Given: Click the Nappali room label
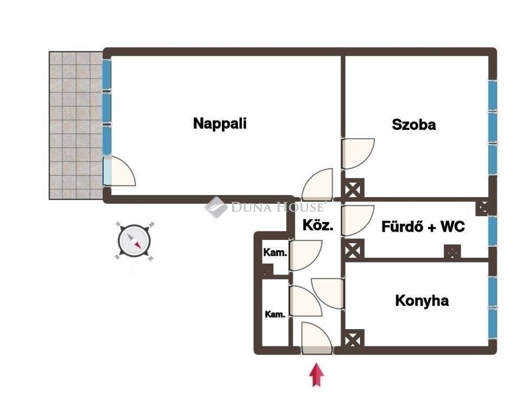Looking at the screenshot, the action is point(220,123).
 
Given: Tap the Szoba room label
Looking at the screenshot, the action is point(413,125).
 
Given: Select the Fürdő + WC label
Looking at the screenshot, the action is point(423,226).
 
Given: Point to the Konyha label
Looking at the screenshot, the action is point(422,300).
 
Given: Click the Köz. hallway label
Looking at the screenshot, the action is point(318,225).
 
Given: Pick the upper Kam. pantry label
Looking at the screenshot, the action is point(275,252).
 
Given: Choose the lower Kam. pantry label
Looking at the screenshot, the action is point(275,314).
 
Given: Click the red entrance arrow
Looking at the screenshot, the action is point(316,374).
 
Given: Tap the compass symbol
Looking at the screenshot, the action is point(134,241).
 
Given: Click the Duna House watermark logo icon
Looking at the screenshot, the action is point(216,207).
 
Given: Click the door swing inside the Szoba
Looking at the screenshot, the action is point(358,153).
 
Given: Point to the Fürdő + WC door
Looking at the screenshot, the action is point(358,220).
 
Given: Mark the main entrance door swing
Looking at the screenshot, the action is point(317,338).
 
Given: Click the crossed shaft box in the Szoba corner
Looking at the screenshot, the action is point(353,189).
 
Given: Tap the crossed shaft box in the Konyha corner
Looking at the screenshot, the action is point(353,339).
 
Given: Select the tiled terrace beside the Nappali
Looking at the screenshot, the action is point(76,125).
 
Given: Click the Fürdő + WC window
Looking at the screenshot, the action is point(492,231).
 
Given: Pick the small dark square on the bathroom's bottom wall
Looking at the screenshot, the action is point(452,252).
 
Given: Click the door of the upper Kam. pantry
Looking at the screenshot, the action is point(305,255).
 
